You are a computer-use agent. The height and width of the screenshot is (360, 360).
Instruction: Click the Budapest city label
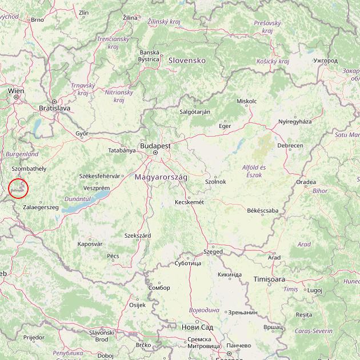pos(155,146)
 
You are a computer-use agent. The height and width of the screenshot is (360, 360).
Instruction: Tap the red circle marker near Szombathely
pos(19,189)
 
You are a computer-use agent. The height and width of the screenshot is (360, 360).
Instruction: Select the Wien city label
pos(16,91)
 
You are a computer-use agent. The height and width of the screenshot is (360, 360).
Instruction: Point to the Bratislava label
pos(54,107)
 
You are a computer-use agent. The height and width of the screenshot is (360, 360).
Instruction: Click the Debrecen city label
pos(290,146)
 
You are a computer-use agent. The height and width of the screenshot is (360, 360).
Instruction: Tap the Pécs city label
pos(113,256)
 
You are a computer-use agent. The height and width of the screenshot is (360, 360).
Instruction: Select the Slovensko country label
pos(186,60)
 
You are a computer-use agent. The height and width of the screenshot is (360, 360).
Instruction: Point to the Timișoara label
pos(269,279)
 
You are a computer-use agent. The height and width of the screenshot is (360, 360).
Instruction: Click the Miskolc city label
pos(246,101)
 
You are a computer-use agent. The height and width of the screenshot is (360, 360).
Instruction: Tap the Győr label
pos(82,133)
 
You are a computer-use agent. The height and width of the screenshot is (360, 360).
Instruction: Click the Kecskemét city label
pos(189,202)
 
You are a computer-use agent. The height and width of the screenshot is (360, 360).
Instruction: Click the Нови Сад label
pos(197,327)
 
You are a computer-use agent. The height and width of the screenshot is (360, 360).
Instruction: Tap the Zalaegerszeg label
pos(41,207)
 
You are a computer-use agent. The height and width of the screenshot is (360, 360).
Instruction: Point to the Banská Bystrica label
pos(149,55)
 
